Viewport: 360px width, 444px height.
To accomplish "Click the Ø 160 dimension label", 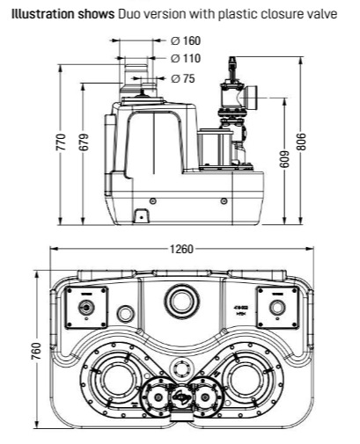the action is pyautogui.click(x=186, y=40).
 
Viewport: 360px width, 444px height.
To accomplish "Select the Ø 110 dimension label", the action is pyautogui.click(x=186, y=58).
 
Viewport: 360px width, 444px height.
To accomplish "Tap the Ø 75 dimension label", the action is pyautogui.click(x=182, y=78).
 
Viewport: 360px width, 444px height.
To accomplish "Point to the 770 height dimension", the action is pyautogui.click(x=61, y=142).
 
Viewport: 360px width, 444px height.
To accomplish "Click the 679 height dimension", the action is pyautogui.click(x=84, y=142).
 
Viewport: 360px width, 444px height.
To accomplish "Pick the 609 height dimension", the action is pyautogui.click(x=284, y=159).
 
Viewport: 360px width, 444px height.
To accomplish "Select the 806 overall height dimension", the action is pyautogui.click(x=301, y=142).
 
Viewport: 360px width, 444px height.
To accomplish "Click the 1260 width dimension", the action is pyautogui.click(x=182, y=249).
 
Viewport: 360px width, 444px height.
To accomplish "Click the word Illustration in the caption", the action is pyautogui.click(x=40, y=14).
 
